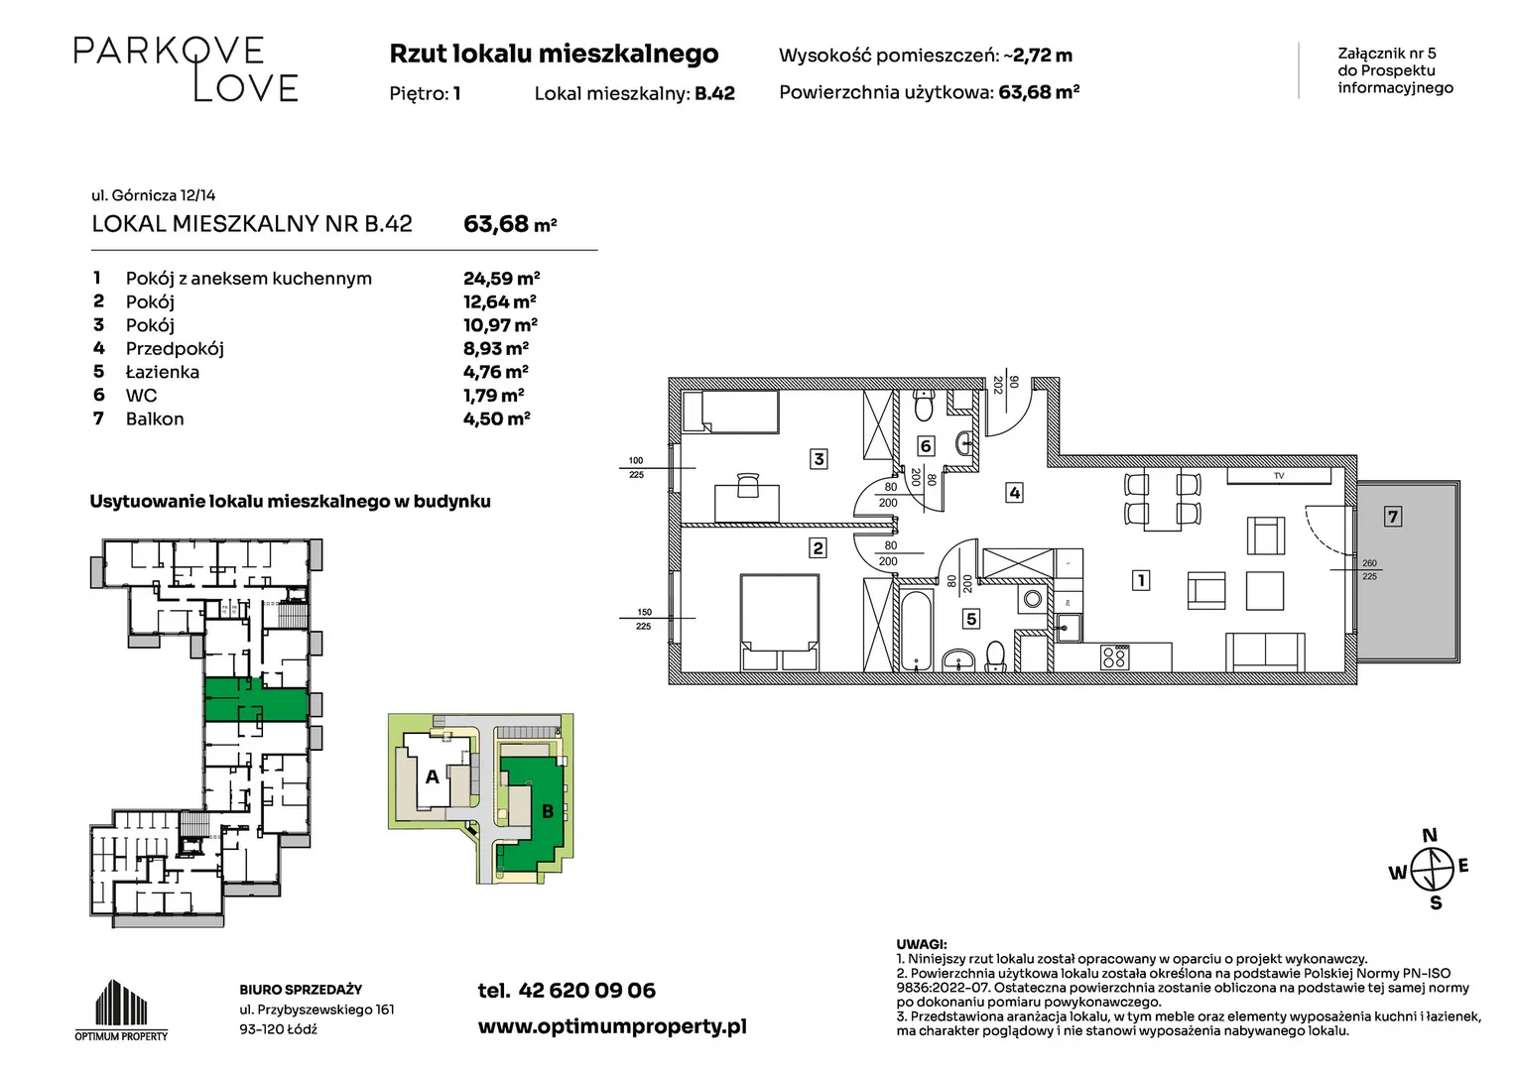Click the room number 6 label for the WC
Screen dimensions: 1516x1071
[x=925, y=446]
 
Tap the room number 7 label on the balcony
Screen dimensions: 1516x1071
[x=1392, y=517]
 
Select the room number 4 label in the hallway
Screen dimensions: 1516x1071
[x=1014, y=493]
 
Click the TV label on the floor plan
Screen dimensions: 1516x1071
[x=1279, y=476]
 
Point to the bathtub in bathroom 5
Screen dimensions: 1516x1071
[x=917, y=629]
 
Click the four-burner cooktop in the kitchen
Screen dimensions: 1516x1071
[x=1114, y=656]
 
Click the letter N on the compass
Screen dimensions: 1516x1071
[x=1430, y=836]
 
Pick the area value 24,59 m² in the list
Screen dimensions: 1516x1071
[x=501, y=278]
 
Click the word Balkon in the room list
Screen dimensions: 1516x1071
[x=155, y=418]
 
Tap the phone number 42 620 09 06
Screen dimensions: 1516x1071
[x=586, y=991]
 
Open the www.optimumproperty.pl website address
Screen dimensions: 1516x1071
[x=612, y=1026]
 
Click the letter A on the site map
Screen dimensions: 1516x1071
[x=432, y=776]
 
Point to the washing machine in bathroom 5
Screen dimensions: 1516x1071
[x=1032, y=599]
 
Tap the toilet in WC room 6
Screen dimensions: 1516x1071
[x=923, y=406]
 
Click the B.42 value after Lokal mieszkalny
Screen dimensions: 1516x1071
[x=714, y=93]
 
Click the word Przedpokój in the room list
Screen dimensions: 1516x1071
[x=175, y=349]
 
